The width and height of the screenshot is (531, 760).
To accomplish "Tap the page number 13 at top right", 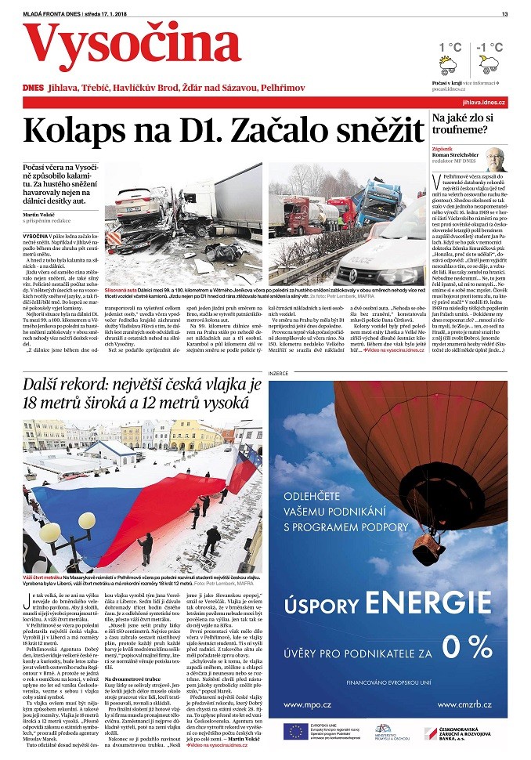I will (x=505, y=13).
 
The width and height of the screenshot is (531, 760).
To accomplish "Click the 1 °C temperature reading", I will (x=450, y=47).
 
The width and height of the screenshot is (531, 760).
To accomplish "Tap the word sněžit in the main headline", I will (x=373, y=128).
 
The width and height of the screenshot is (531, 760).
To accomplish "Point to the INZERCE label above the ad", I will (x=279, y=372).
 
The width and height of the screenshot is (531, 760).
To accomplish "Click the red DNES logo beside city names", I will (x=33, y=87).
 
